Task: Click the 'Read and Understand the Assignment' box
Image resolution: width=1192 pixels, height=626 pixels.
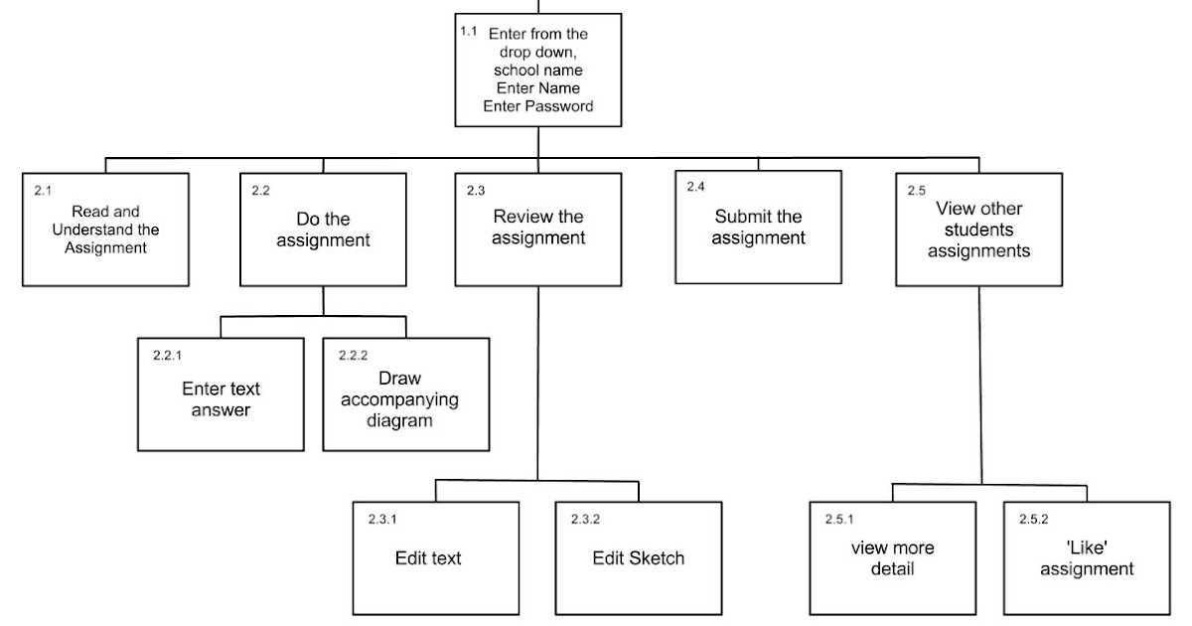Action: point(106,230)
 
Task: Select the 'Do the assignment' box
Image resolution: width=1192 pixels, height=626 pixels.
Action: point(323,230)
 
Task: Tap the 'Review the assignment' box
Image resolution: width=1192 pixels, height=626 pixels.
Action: point(538,230)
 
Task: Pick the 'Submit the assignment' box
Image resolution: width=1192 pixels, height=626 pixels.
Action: point(758,228)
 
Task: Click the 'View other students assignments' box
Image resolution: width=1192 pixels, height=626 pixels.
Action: point(978,230)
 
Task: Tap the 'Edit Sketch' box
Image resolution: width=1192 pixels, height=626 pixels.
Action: point(639,557)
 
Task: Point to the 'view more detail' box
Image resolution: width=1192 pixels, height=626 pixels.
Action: point(892,557)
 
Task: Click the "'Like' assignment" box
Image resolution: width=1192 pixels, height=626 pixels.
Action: point(1087,557)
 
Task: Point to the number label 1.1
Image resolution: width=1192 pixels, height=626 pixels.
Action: point(468,32)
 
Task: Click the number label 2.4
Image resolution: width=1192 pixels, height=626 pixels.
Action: point(695,187)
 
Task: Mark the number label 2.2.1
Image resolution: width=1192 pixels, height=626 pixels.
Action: point(167,355)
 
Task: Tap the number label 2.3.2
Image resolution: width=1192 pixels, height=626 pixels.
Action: point(585,519)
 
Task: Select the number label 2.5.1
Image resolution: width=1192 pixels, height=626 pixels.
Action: point(839,519)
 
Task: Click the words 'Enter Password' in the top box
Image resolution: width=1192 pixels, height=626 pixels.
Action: point(538,106)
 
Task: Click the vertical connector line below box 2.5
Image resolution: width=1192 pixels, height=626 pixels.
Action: point(980,388)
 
